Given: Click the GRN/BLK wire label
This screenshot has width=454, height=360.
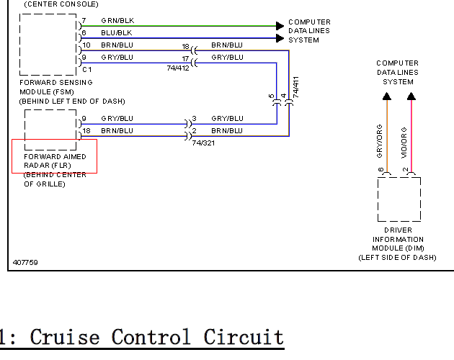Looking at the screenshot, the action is click(x=117, y=21).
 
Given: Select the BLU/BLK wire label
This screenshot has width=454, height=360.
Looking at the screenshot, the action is click(x=117, y=32).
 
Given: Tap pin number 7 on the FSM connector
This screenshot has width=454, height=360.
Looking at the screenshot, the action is click(x=84, y=21).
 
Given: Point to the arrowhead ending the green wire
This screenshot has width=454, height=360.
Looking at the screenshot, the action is click(x=280, y=26).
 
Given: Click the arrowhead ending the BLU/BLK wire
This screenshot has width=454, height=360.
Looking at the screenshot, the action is click(x=280, y=38).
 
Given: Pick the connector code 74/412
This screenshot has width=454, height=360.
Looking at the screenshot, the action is click(x=178, y=68).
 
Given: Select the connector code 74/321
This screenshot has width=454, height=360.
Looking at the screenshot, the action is click(x=203, y=143).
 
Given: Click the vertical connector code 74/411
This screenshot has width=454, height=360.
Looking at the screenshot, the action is click(x=295, y=87).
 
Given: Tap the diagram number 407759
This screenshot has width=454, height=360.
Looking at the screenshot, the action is click(x=25, y=263).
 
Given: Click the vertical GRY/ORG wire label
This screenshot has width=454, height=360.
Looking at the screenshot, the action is click(x=379, y=141).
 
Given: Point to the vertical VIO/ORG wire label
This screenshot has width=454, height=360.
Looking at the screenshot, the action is click(x=404, y=143).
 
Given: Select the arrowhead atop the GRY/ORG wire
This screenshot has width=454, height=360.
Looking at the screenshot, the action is click(x=387, y=96).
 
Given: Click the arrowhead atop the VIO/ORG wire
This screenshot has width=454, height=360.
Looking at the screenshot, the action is click(x=411, y=96).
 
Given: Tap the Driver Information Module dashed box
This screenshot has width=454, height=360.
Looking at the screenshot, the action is click(x=378, y=199).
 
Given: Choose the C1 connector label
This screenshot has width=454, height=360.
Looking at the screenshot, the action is click(x=87, y=69).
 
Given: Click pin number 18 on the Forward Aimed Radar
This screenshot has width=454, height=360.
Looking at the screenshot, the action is click(x=86, y=131).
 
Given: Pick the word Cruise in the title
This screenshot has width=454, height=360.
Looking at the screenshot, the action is click(x=65, y=337).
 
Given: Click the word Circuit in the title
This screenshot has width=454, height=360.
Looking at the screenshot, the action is click(x=244, y=337).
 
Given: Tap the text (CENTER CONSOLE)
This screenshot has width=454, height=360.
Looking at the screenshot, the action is click(x=61, y=4).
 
